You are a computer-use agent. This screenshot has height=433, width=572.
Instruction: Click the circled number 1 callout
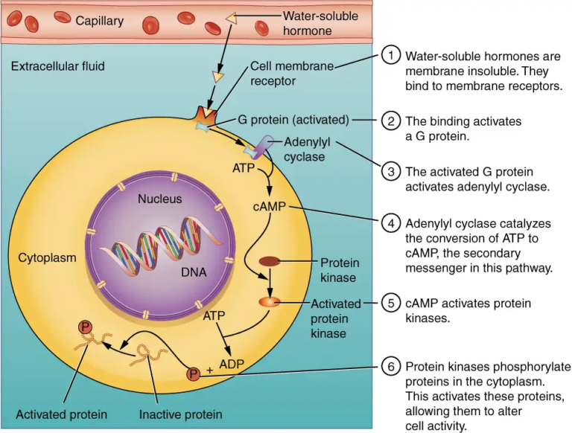390,57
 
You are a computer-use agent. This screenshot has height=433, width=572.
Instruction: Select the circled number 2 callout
390,121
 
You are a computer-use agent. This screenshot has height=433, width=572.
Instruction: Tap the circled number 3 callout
390,172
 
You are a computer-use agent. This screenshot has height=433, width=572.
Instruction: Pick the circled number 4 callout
390,223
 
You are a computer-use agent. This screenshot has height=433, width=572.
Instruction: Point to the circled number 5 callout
390,304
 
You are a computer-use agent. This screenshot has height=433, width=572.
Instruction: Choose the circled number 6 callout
390,368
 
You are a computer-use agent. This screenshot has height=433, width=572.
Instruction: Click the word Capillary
99,21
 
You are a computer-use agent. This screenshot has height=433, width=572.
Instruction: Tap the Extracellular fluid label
57,66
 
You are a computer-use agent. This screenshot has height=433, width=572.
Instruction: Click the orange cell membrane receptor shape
203,115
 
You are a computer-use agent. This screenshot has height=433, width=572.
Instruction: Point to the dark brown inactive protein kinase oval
270,262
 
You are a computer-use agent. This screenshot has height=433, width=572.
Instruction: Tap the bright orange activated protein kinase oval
269,302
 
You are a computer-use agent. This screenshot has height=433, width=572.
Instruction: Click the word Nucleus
159,199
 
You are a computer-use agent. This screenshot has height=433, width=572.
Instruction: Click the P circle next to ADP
193,373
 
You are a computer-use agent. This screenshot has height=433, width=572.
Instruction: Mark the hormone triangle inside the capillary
233,16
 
